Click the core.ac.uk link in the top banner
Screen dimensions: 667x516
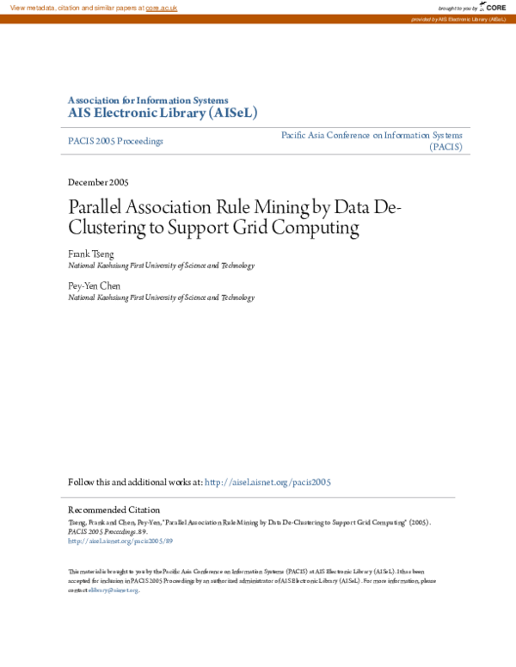[x=161, y=8]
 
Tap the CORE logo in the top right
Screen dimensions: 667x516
[x=494, y=8]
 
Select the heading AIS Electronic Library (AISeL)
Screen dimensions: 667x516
[x=163, y=113]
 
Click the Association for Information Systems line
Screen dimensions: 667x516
[x=148, y=100]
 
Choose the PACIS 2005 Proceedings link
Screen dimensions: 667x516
[x=115, y=141]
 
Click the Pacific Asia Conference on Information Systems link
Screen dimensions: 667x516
[x=372, y=135]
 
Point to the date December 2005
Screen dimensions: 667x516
[x=98, y=182]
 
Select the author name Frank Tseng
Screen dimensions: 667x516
[x=89, y=254]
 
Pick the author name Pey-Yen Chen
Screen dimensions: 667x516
[x=94, y=285]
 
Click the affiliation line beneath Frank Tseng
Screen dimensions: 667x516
[x=161, y=266]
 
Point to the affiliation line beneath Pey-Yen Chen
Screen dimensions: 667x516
[x=161, y=297]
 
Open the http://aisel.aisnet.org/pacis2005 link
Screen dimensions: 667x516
[x=267, y=483]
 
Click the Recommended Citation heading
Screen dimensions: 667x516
[x=114, y=510]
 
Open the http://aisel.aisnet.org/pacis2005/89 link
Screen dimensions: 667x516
[x=120, y=542]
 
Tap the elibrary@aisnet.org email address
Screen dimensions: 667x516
[x=114, y=591]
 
